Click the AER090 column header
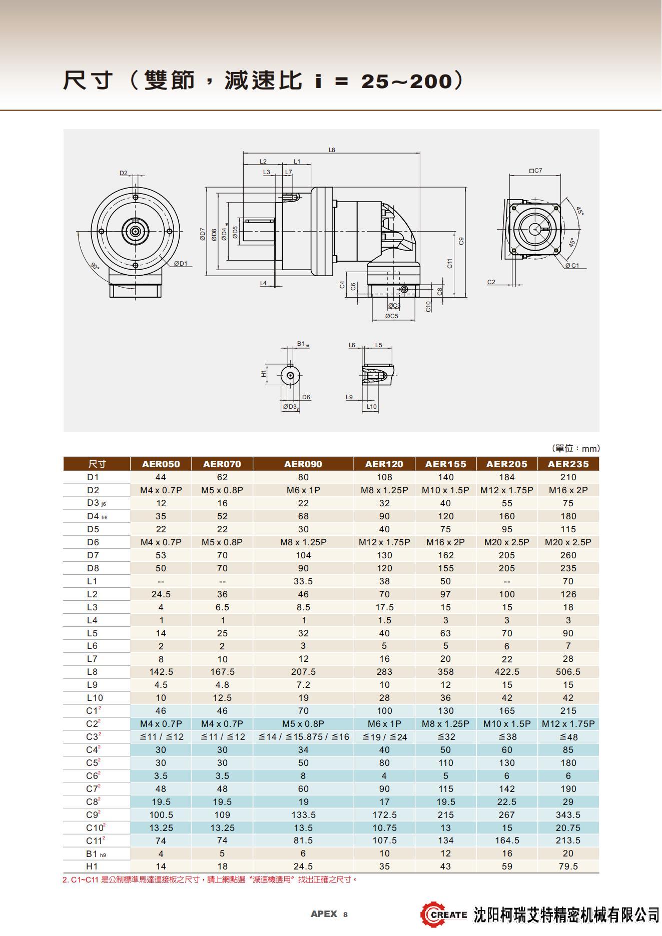303,464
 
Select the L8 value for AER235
568,671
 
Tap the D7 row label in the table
93,555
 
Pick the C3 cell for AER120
384,736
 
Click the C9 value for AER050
161,814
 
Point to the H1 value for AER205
506,866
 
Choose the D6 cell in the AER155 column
445,542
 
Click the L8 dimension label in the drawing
332,150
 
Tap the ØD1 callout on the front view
180,264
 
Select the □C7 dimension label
535,171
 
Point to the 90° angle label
95,266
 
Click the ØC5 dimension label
391,316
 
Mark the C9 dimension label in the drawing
461,241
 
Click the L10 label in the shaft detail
371,407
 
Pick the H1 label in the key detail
264,374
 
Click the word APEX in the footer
324,914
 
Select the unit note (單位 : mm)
575,448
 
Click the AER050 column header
161,464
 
